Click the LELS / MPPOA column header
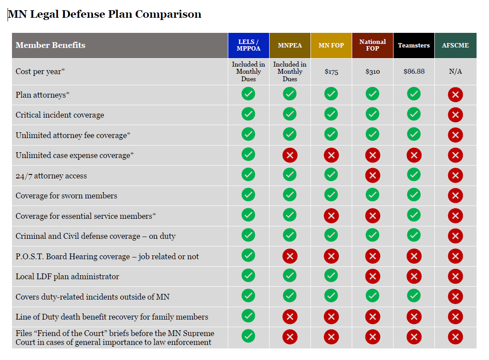click(248, 45)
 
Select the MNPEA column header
click(290, 45)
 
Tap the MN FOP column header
click(331, 45)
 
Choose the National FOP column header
click(372, 45)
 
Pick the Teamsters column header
click(413, 45)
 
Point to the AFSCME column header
click(455, 45)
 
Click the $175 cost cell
click(331, 71)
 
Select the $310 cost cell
click(372, 71)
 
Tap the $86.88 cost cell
click(413, 71)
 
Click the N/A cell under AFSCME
click(455, 71)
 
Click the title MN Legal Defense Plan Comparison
click(105, 14)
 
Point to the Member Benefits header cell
click(51, 45)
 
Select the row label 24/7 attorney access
click(51, 176)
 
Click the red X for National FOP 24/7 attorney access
click(372, 176)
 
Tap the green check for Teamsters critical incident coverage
click(413, 114)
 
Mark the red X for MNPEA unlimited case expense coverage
click(290, 155)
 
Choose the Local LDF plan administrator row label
click(67, 277)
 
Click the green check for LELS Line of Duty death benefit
click(248, 316)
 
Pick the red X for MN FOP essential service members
click(331, 216)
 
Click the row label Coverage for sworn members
click(66, 196)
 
